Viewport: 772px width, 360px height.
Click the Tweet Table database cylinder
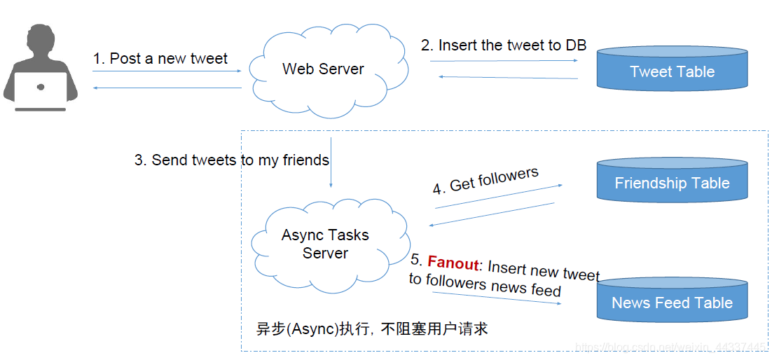click(671, 71)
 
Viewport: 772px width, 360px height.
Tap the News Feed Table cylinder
click(671, 302)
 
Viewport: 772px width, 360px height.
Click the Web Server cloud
click(323, 69)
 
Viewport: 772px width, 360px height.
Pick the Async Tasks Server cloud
click(325, 243)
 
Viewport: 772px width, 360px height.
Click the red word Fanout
click(453, 263)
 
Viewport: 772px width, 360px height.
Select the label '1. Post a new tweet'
click(160, 59)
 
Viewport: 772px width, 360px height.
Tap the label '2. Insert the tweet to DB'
click(503, 46)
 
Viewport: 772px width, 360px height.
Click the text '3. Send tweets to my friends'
click(231, 160)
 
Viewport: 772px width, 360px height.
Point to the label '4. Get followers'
click(485, 180)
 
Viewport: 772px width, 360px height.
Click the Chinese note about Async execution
click(371, 328)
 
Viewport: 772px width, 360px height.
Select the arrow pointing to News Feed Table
click(497, 298)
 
